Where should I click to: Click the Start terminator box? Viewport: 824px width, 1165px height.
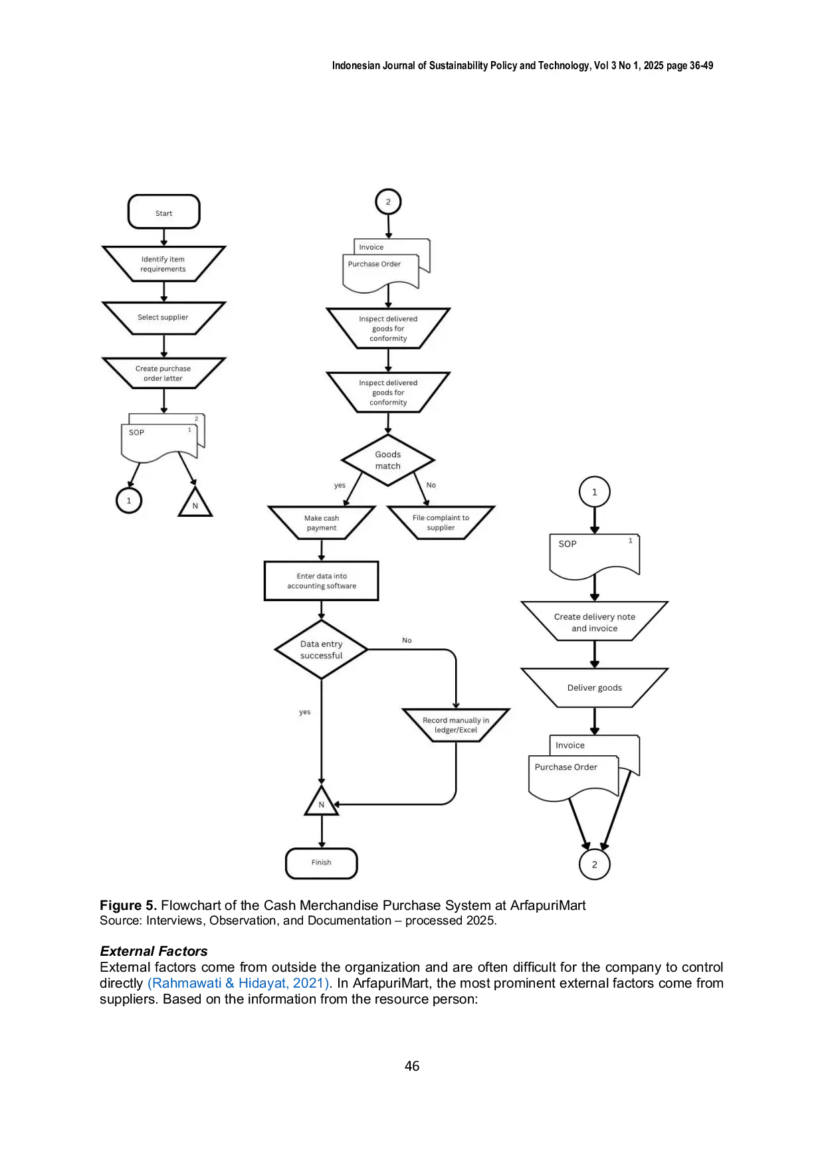(x=164, y=212)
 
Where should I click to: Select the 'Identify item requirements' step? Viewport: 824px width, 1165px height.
(x=164, y=264)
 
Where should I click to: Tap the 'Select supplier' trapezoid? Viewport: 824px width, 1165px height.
(x=164, y=318)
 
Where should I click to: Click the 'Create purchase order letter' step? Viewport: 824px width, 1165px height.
(x=164, y=373)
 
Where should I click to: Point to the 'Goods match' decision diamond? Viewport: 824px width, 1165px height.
(x=388, y=460)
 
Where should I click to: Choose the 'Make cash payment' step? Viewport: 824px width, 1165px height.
(x=322, y=523)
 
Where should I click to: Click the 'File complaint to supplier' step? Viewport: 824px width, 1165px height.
(x=441, y=523)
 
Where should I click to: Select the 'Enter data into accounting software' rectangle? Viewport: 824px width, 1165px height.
(x=322, y=581)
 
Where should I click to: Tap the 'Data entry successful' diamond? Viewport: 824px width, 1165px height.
(x=322, y=650)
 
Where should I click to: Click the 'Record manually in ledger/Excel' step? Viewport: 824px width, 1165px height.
(x=456, y=725)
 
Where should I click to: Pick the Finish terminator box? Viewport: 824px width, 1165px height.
(x=322, y=863)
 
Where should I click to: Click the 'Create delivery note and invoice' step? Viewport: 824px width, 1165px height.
(x=595, y=622)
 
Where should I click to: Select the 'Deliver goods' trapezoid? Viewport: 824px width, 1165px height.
(x=595, y=688)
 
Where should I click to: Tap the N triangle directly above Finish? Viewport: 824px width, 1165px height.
(x=322, y=802)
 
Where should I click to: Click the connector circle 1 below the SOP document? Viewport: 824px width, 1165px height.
(x=129, y=500)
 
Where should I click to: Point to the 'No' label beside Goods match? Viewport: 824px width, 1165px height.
(x=431, y=485)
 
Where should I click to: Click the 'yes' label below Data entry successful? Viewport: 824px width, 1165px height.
(x=305, y=712)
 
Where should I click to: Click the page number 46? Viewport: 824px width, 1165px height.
(x=412, y=1066)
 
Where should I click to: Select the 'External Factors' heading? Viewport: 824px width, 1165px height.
(x=154, y=951)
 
